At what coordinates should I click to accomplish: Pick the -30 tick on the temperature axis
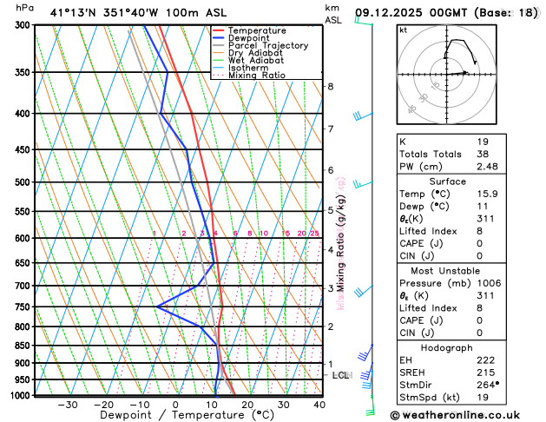68,405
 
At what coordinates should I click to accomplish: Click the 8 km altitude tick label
331,87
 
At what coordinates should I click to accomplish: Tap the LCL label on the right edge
340,375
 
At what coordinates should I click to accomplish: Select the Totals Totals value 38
484,154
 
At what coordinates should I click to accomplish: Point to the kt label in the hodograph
403,30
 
